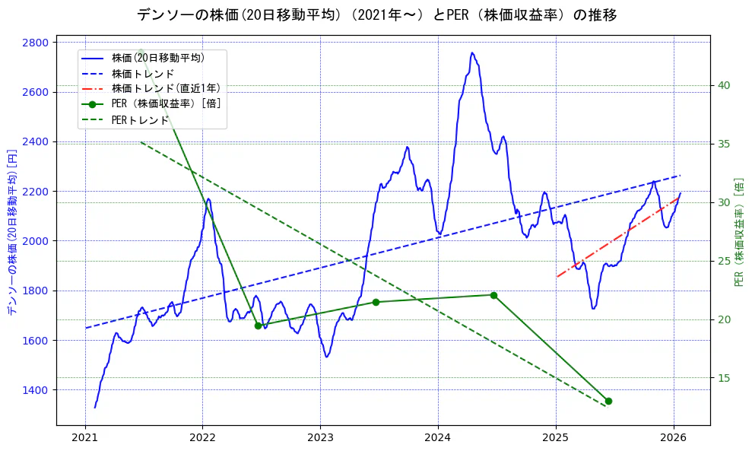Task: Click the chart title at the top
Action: pyautogui.click(x=376, y=14)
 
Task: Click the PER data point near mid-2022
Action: pyautogui.click(x=258, y=326)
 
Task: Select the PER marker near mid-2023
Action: pyautogui.click(x=376, y=302)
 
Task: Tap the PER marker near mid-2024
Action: pyautogui.click(x=493, y=295)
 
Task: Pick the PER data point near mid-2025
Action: pyautogui.click(x=608, y=401)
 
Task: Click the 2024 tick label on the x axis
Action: pyautogui.click(x=438, y=438)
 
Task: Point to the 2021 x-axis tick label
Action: pyautogui.click(x=84, y=438)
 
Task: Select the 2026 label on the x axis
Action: pyautogui.click(x=674, y=438)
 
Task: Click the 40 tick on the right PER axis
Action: pyautogui.click(x=724, y=85)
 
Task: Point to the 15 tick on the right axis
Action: pyautogui.click(x=724, y=378)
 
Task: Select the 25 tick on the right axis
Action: pyautogui.click(x=724, y=261)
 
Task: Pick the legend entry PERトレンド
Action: pyautogui.click(x=140, y=120)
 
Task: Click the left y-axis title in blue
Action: pyautogui.click(x=11, y=233)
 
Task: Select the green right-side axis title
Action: pyautogui.click(x=739, y=232)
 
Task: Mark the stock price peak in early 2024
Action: pyautogui.click(x=472, y=52)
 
